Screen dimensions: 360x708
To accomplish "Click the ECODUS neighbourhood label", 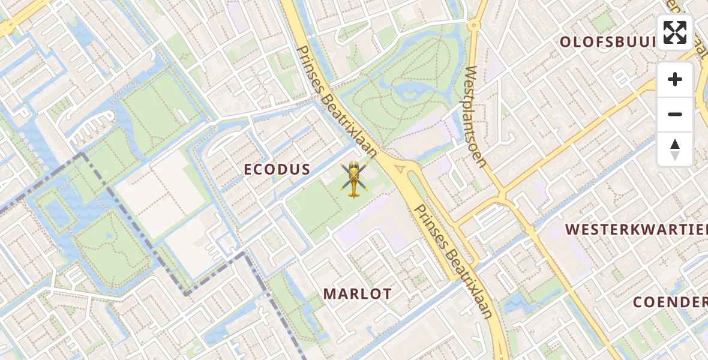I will tap(277, 170).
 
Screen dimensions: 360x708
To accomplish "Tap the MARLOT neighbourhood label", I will tap(357, 294).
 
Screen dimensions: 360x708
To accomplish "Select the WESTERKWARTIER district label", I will tap(636, 229).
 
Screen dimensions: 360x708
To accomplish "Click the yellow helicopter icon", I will tap(353, 179).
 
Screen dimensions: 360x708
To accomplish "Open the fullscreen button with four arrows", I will tap(675, 32).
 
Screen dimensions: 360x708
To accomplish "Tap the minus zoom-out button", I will tap(675, 114).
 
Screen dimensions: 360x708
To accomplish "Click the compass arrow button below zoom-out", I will tap(675, 149).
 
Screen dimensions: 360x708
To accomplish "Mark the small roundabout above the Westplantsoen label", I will tap(473, 25).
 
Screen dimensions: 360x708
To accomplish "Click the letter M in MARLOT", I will tap(329, 294).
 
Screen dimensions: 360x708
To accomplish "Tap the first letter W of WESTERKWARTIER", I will tap(572, 229).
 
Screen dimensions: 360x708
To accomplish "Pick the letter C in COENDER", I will tap(638, 302).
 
